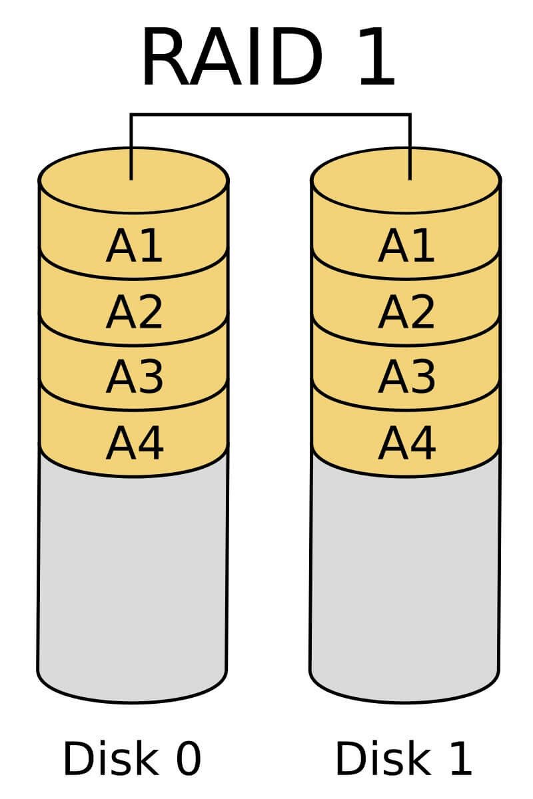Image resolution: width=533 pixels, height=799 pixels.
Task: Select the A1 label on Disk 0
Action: click(134, 247)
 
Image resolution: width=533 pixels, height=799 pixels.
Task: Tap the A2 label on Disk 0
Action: click(134, 312)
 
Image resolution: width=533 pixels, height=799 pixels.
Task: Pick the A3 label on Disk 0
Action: click(134, 376)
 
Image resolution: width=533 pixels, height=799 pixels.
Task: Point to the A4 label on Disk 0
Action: click(134, 442)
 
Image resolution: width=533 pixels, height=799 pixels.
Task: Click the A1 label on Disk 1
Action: click(406, 247)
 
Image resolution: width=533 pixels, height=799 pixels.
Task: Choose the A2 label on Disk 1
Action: click(406, 312)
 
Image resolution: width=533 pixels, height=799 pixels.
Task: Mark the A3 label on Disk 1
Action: click(406, 376)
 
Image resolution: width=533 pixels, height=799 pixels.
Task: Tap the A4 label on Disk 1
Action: click(406, 442)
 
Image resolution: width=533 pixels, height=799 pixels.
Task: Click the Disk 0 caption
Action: click(131, 758)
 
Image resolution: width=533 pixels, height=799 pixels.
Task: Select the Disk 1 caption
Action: click(404, 758)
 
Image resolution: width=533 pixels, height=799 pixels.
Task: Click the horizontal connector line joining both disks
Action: click(270, 115)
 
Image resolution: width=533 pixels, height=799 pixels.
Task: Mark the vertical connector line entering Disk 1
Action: click(410, 143)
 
